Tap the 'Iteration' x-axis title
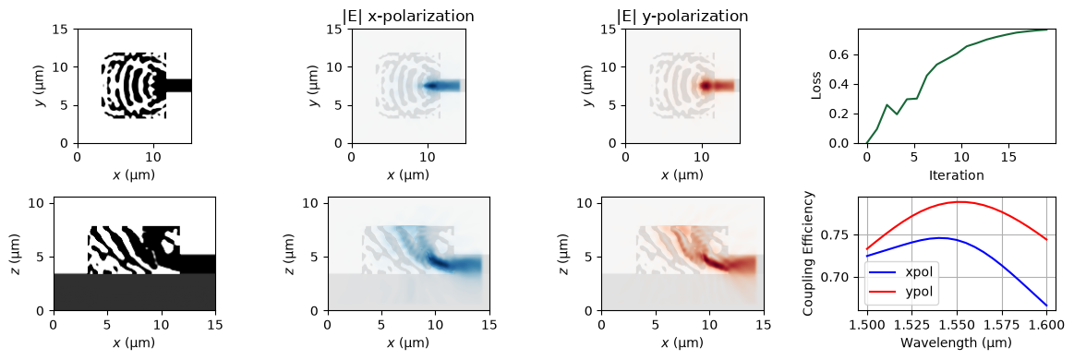pos(956,175)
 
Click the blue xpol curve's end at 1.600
pos(1047,306)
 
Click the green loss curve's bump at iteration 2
pos(882,104)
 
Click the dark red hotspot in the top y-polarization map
pos(706,86)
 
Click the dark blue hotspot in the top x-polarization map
pos(433,86)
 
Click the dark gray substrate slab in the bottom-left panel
pos(135,293)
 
